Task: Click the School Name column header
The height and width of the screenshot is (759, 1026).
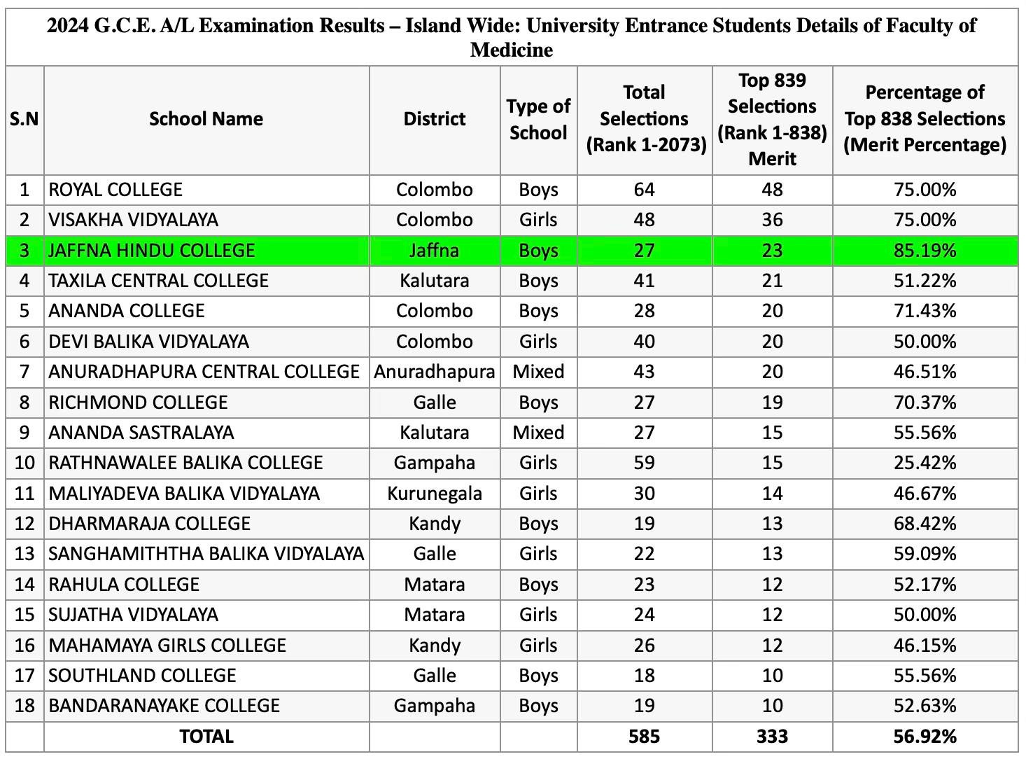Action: pos(206,119)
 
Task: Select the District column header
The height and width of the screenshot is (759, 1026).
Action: pos(434,119)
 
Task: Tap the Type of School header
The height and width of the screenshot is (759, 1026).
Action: pos(538,119)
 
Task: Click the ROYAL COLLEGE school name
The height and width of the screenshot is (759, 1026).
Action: pos(115,190)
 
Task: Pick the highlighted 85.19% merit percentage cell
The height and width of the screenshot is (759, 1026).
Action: pos(925,251)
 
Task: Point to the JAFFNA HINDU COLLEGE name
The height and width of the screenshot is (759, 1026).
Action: pos(151,251)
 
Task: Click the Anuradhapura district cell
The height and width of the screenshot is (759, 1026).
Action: pos(434,372)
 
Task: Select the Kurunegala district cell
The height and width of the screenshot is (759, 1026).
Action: pos(434,494)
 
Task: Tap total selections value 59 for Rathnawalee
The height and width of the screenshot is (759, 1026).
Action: pos(644,463)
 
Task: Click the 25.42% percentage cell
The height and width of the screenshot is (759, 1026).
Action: pos(925,463)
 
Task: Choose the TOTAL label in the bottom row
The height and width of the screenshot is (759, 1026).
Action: pos(206,737)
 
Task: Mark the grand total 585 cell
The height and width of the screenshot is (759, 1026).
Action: pos(644,737)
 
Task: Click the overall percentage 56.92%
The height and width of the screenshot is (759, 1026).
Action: pos(925,737)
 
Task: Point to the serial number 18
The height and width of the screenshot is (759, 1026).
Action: pos(24,706)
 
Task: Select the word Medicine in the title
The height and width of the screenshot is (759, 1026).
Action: pos(512,50)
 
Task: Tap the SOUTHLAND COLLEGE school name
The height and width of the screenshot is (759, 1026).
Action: pos(142,676)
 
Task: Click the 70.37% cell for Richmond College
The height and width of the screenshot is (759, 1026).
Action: pos(925,403)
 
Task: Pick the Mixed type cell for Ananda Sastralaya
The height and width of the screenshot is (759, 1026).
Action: pos(538,433)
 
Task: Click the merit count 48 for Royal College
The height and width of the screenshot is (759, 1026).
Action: pos(772,190)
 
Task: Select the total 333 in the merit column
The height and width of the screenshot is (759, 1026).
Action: pos(772,737)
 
